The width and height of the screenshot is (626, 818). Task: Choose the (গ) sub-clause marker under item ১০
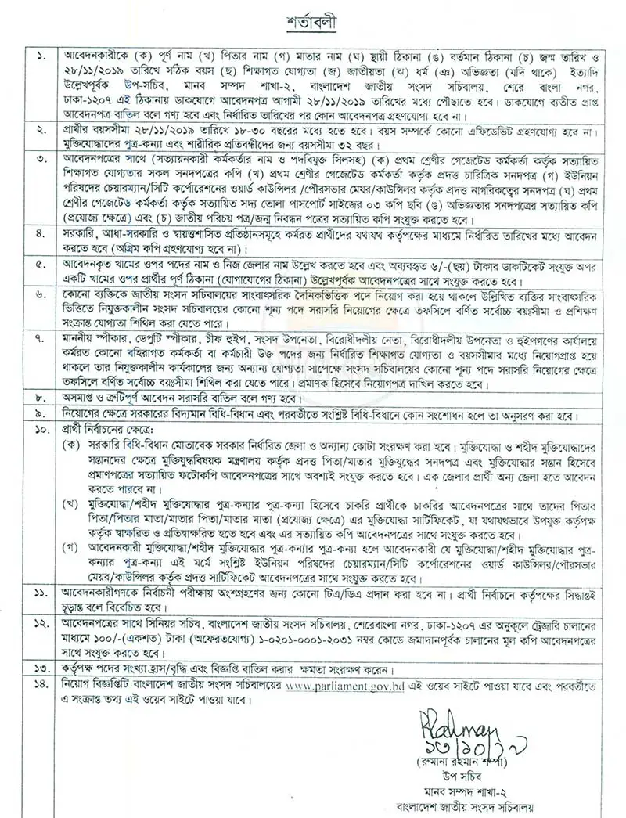click(x=72, y=559)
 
